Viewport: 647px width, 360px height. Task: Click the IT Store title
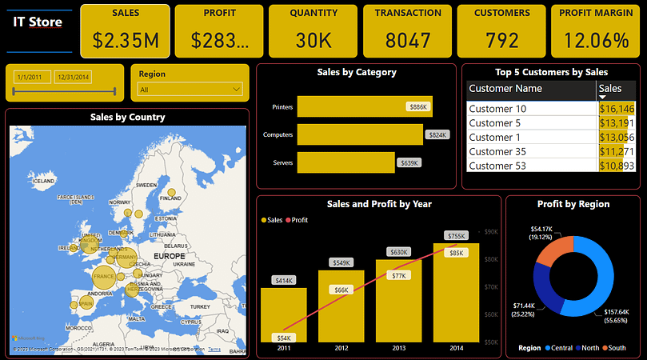pos(38,22)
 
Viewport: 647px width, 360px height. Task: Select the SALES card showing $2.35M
pos(126,30)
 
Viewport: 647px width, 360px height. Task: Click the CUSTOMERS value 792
pos(501,40)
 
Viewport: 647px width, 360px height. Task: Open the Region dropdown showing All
pos(190,90)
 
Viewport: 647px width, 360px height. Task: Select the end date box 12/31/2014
pos(72,77)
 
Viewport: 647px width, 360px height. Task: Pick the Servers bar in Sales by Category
pos(345,162)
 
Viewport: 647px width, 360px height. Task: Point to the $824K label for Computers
pos(437,135)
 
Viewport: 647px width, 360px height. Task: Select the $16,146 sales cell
pos(616,109)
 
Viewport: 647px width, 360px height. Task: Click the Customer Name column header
pos(505,89)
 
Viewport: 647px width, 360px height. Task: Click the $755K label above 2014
pos(456,236)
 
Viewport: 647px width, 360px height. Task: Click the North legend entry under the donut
pos(589,348)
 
